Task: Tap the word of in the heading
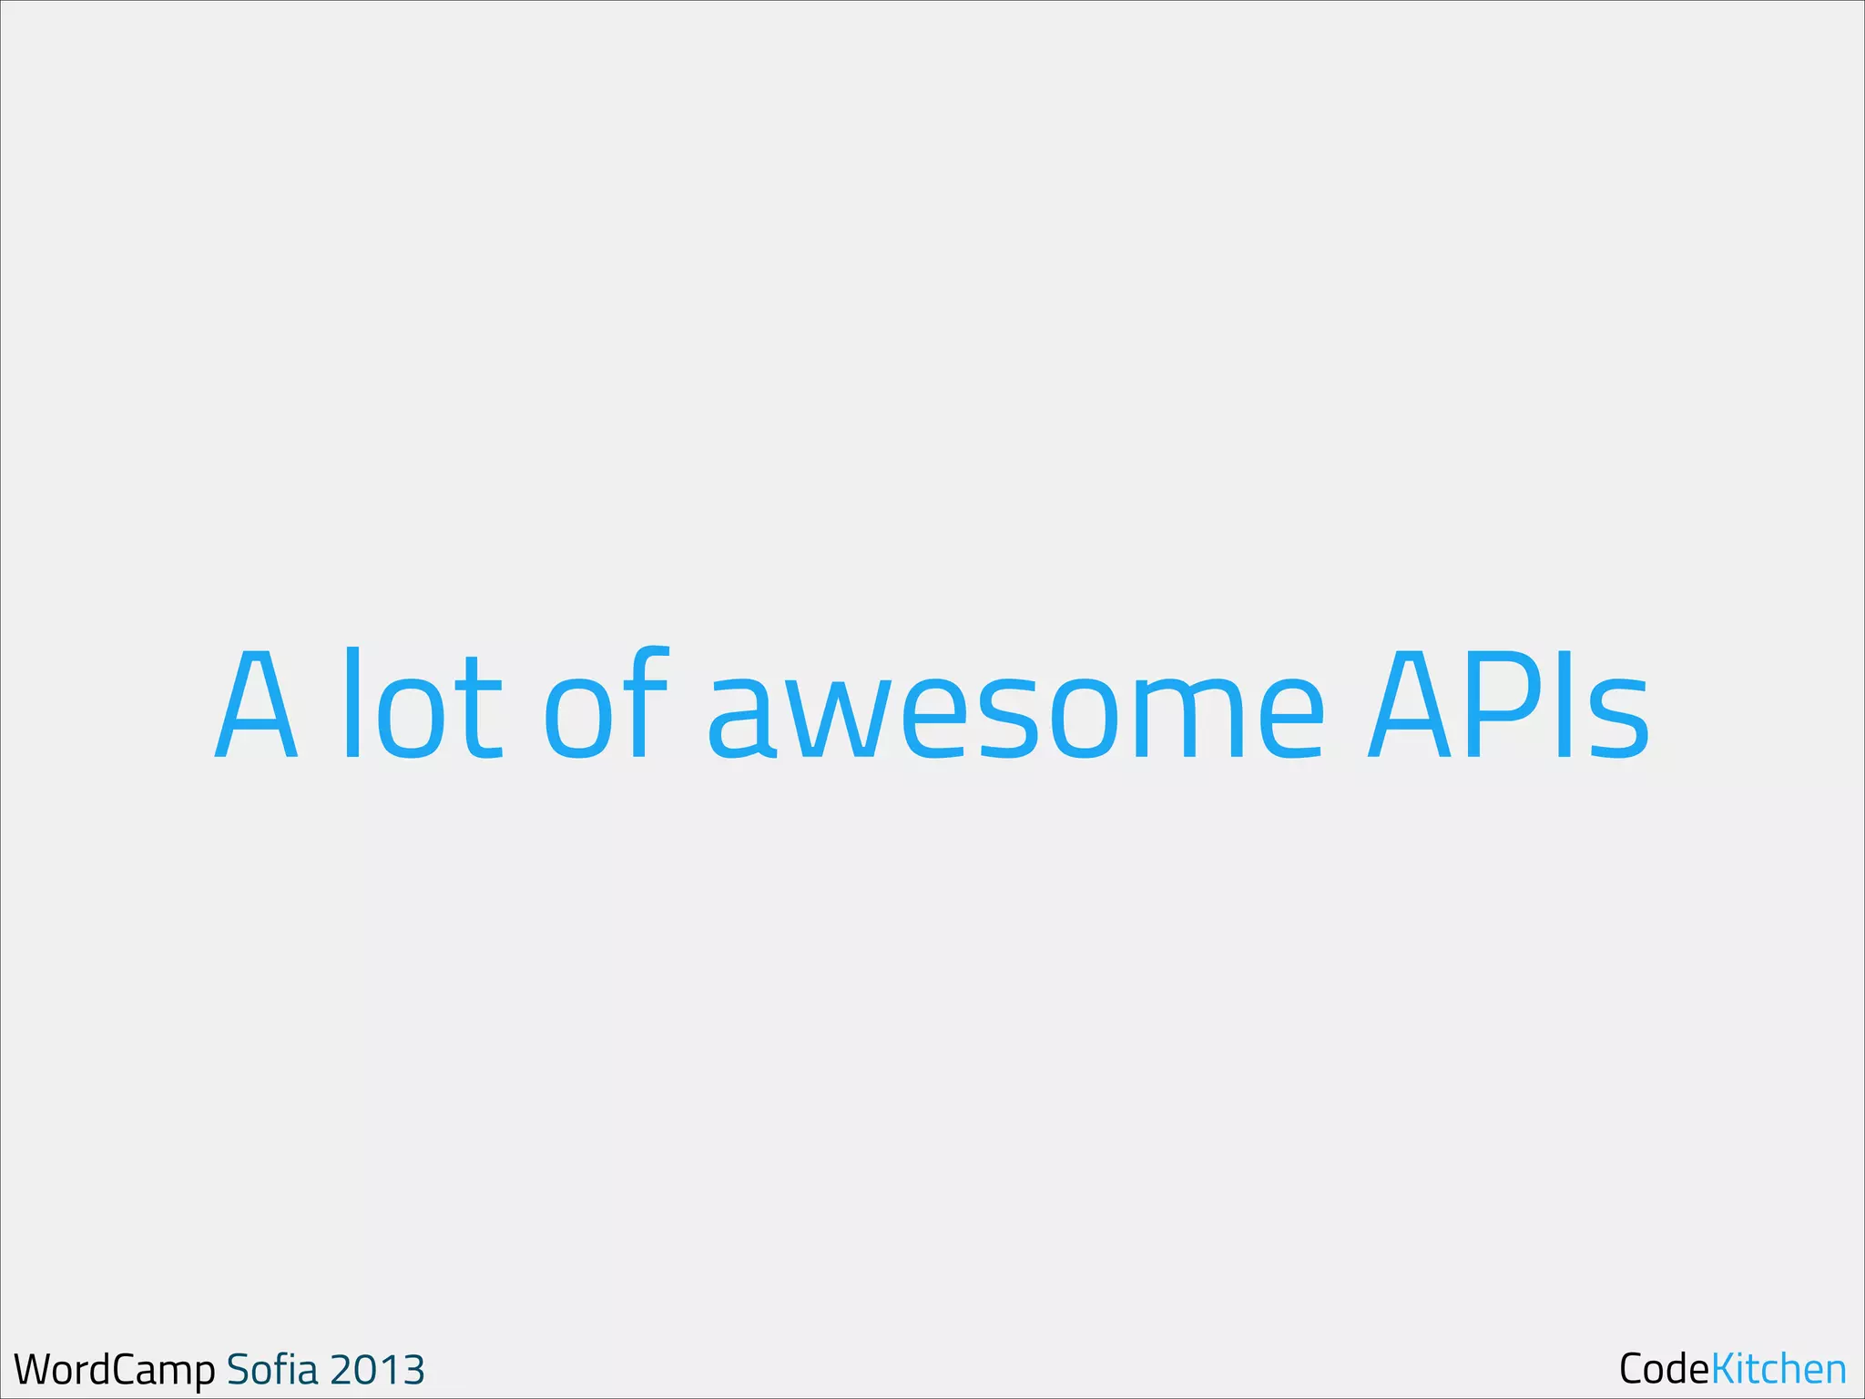pos(607,704)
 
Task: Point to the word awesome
pos(1015,715)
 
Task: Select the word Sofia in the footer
pos(272,1369)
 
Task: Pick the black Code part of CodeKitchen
pos(1664,1369)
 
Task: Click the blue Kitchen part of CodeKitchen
pos(1778,1369)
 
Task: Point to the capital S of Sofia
pos(238,1370)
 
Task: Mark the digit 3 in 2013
pos(413,1370)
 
